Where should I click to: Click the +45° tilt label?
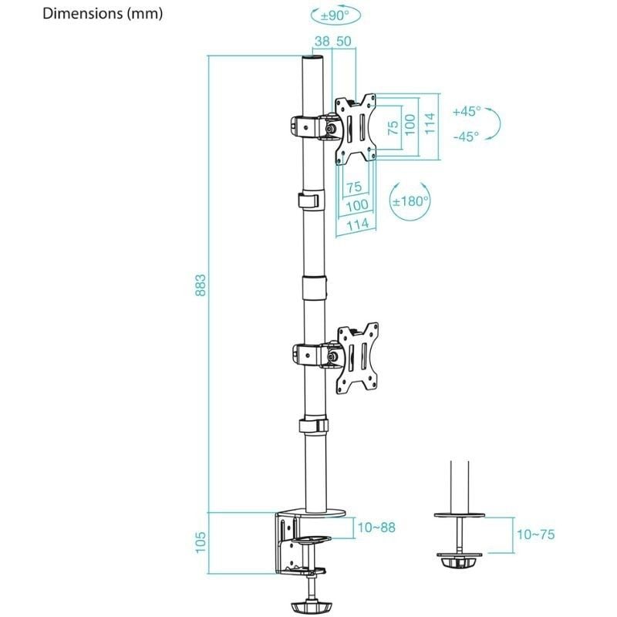click(467, 111)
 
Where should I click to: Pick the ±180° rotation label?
click(410, 202)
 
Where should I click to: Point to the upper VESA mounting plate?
click(356, 128)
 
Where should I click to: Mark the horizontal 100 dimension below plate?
click(356, 206)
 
